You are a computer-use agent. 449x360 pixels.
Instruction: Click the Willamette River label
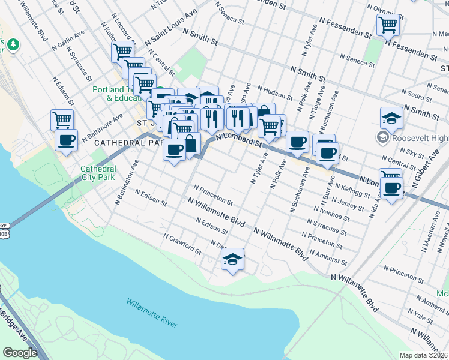(152, 312)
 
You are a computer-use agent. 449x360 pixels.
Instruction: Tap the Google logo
(20, 352)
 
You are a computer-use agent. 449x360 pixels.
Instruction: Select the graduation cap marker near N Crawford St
(232, 259)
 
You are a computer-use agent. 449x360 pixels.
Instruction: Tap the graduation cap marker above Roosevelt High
(391, 118)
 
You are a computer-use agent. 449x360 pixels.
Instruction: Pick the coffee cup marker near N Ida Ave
(392, 188)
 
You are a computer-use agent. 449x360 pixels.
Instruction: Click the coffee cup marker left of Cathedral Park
(66, 140)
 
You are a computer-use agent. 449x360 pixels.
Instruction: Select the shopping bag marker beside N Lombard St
(190, 144)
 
